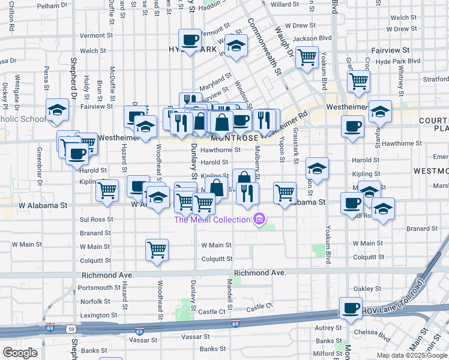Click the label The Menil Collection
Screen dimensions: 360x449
[212, 220]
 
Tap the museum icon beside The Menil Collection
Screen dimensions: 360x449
[259, 220]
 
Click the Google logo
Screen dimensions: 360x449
[20, 353]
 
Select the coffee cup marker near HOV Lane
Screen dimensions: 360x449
[351, 308]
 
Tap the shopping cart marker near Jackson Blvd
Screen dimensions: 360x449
[307, 58]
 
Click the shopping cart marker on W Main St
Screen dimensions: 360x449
[157, 249]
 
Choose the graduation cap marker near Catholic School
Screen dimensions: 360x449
[58, 110]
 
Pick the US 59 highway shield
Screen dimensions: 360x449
[71, 329]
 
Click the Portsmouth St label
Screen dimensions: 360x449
[100, 287]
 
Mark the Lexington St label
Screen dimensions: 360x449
[99, 315]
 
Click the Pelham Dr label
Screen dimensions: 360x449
[53, 5]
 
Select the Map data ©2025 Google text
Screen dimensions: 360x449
[411, 355]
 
